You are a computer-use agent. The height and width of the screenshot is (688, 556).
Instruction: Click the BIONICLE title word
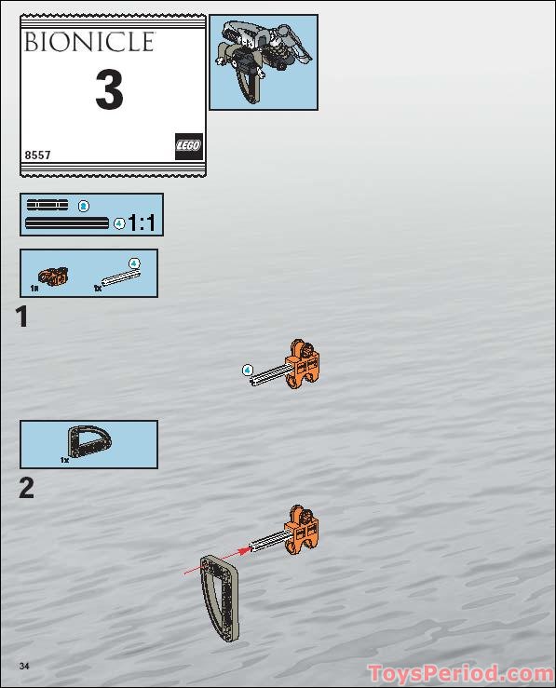89,42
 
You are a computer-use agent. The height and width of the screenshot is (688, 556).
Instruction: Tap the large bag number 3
109,90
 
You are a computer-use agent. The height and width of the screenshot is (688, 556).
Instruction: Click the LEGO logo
189,146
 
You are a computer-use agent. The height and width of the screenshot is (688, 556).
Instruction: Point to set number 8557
38,155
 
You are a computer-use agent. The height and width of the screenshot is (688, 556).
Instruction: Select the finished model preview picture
264,61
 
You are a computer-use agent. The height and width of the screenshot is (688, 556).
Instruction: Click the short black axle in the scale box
47,205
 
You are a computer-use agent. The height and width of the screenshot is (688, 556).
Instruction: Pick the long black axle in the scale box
67,223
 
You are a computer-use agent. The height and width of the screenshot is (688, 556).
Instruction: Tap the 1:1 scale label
142,223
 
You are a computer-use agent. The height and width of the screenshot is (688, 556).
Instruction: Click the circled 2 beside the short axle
84,206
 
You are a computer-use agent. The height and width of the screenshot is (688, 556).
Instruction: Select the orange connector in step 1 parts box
53,276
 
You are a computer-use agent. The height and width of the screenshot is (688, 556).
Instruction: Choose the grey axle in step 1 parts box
121,278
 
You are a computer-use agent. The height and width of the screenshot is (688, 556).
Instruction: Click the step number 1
22,317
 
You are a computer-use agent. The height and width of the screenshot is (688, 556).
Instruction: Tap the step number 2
26,488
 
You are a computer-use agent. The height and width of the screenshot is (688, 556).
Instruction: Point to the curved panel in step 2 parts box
89,441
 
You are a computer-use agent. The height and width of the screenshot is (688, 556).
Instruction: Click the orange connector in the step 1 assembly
302,364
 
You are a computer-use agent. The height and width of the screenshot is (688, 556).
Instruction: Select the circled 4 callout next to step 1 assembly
248,371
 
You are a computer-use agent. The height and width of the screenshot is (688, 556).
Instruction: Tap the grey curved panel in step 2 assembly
220,597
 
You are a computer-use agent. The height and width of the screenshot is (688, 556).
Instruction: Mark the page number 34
24,666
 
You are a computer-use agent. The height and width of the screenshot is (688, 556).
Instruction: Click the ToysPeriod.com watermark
461,674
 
